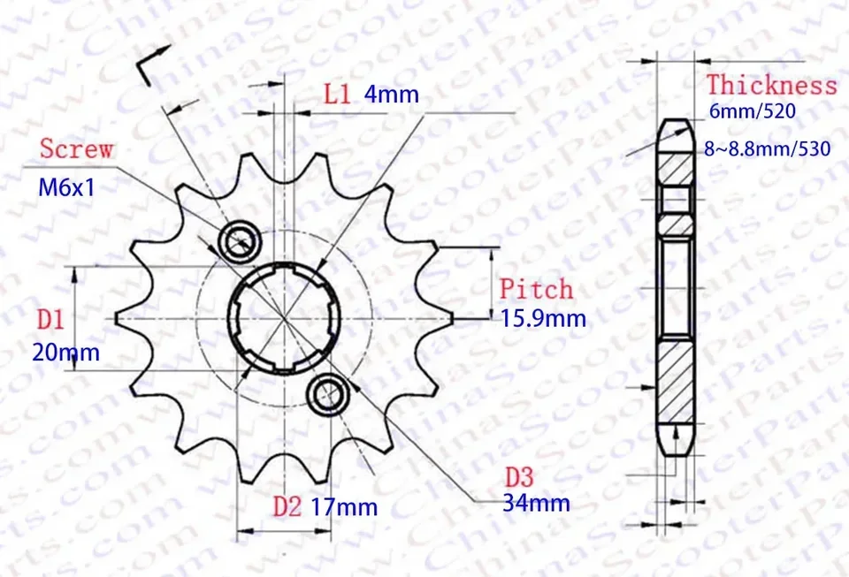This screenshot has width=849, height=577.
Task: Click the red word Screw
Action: [77, 148]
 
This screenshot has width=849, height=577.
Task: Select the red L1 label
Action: [337, 94]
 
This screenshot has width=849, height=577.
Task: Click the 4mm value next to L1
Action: [391, 95]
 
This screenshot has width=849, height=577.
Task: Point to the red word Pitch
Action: [536, 289]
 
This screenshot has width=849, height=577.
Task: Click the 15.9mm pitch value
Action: [543, 318]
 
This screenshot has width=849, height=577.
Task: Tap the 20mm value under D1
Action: [65, 353]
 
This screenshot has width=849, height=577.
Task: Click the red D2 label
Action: [287, 506]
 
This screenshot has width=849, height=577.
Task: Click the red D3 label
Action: [520, 477]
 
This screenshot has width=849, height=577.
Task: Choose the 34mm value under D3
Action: [536, 504]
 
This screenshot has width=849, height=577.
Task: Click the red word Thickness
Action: [771, 86]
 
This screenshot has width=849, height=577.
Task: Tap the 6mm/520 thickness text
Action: [753, 112]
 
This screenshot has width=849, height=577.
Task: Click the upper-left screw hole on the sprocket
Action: [239, 238]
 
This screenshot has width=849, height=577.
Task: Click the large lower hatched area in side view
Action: [677, 382]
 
